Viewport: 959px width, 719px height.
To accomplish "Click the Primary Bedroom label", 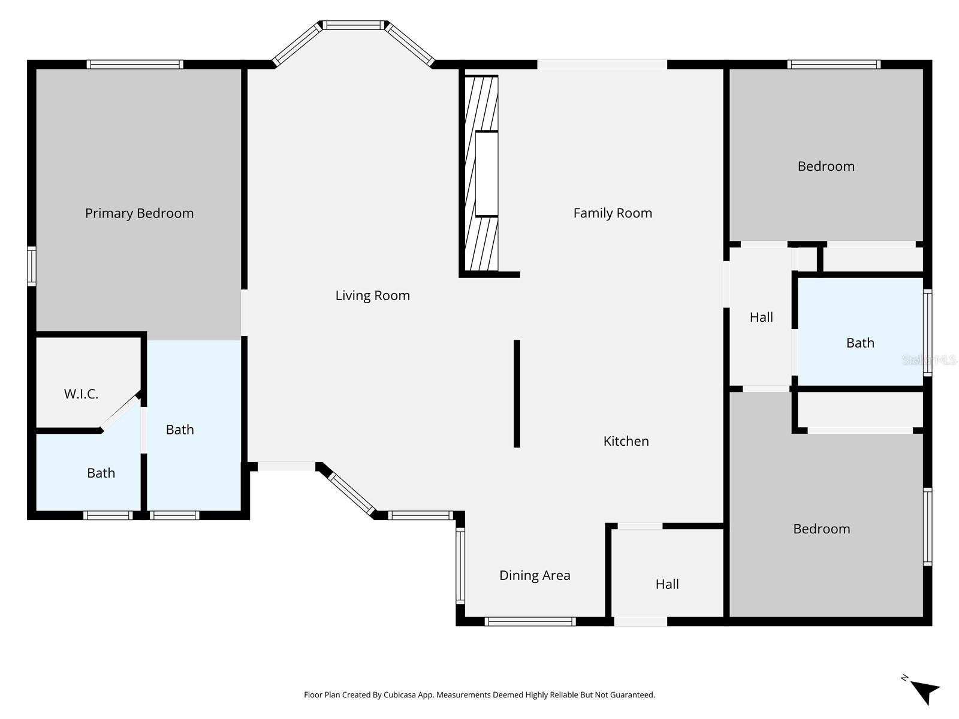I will tap(139, 213).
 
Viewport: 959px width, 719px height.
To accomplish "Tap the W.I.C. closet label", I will tap(81, 394).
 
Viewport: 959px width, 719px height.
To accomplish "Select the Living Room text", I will tap(372, 295).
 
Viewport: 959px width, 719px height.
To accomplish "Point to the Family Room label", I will tap(613, 213).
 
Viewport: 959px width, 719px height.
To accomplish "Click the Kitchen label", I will tap(626, 441).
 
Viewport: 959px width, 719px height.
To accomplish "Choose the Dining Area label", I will tap(535, 575).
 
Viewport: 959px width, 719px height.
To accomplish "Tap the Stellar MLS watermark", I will tap(928, 359).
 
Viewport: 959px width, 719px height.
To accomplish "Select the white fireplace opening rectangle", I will tap(487, 174).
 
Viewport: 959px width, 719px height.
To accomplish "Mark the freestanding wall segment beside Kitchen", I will tap(517, 394).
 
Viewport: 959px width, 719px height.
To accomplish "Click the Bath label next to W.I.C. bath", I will tap(180, 430).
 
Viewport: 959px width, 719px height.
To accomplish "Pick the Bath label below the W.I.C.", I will tap(101, 473).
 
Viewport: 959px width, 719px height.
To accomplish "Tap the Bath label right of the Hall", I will tap(860, 343).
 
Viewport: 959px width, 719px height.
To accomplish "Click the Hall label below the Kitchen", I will tap(667, 584).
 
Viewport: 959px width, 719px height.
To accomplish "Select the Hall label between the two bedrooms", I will tap(761, 317).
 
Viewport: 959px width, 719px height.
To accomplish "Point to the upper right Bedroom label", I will tap(826, 166).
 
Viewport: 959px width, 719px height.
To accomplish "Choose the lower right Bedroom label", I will tap(821, 528).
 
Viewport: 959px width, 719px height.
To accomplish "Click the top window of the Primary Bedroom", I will tap(135, 64).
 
